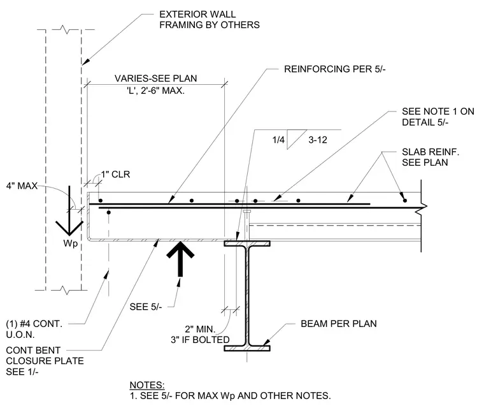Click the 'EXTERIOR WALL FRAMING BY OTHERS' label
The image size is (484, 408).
tap(210, 20)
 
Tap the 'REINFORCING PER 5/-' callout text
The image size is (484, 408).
tap(334, 69)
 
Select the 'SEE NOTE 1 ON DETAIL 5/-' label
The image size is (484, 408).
tap(438, 117)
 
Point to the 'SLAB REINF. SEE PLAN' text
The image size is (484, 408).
tap(431, 157)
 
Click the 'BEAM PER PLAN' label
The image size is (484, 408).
tap(339, 324)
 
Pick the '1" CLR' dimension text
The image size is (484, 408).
tap(115, 174)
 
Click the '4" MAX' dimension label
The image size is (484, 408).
tap(22, 186)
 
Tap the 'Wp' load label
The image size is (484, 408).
tap(71, 244)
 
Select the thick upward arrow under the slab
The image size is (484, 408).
tap(180, 259)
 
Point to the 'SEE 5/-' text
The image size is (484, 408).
tap(145, 307)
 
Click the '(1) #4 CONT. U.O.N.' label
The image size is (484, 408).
tap(34, 329)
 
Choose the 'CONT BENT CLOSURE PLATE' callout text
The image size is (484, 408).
tap(45, 356)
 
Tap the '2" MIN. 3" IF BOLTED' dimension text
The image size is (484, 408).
tap(201, 335)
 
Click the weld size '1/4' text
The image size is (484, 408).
tap(278, 140)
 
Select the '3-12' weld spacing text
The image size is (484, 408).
tap(318, 140)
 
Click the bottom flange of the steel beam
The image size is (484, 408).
tap(247, 348)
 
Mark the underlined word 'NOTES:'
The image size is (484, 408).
tap(147, 385)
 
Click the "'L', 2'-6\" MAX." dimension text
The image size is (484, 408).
tap(155, 91)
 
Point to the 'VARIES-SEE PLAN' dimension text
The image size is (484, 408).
tap(155, 78)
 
